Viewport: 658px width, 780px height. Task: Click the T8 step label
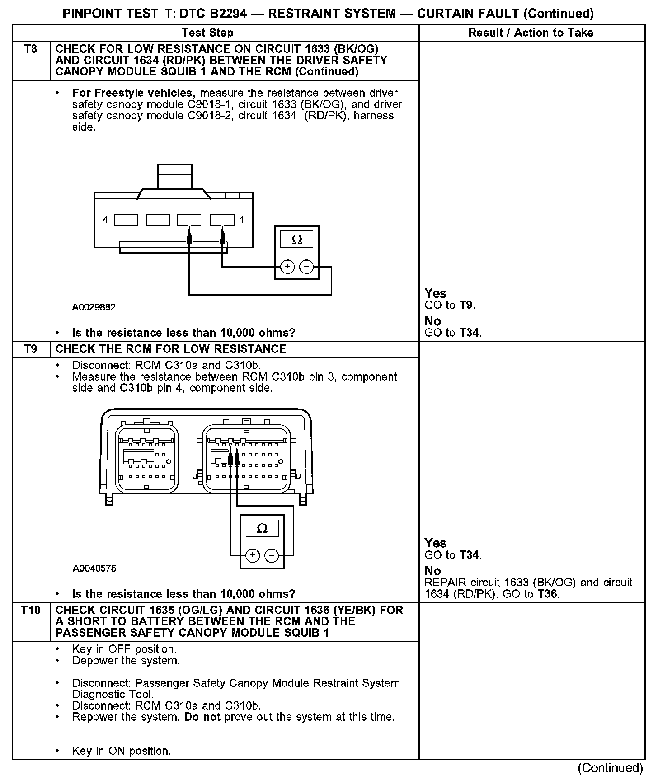(x=31, y=49)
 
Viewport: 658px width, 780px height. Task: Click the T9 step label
(x=31, y=349)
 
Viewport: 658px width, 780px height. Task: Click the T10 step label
(x=31, y=610)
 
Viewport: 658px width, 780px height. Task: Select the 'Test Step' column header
(x=207, y=33)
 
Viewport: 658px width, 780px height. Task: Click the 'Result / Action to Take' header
(x=531, y=33)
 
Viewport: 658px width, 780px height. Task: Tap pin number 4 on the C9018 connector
(x=105, y=220)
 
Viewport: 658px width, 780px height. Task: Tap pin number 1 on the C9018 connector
(x=242, y=220)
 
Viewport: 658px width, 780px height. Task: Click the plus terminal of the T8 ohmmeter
(x=287, y=267)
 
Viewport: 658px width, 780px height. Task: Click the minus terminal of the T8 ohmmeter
(x=306, y=267)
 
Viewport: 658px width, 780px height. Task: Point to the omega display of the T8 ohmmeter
(x=297, y=240)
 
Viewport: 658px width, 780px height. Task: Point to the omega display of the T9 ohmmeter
(x=262, y=528)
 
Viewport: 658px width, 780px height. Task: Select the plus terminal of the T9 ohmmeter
(x=252, y=555)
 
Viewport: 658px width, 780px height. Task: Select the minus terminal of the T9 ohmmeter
(x=272, y=555)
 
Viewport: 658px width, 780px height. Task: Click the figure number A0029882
(x=94, y=307)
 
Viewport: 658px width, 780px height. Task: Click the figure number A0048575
(x=94, y=569)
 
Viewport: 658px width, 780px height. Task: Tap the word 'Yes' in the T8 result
(x=436, y=293)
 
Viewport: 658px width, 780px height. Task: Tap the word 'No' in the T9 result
(x=432, y=571)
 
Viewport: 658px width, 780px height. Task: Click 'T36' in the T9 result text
(x=548, y=594)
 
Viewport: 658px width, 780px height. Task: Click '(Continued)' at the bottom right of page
(x=610, y=768)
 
